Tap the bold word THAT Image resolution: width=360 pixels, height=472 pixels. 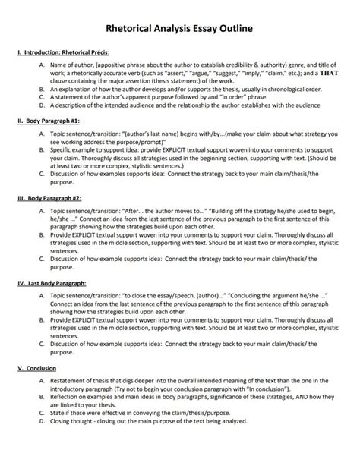[327, 74]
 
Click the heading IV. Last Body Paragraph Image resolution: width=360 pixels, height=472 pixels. [52, 282]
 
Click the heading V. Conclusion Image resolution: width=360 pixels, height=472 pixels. [37, 369]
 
